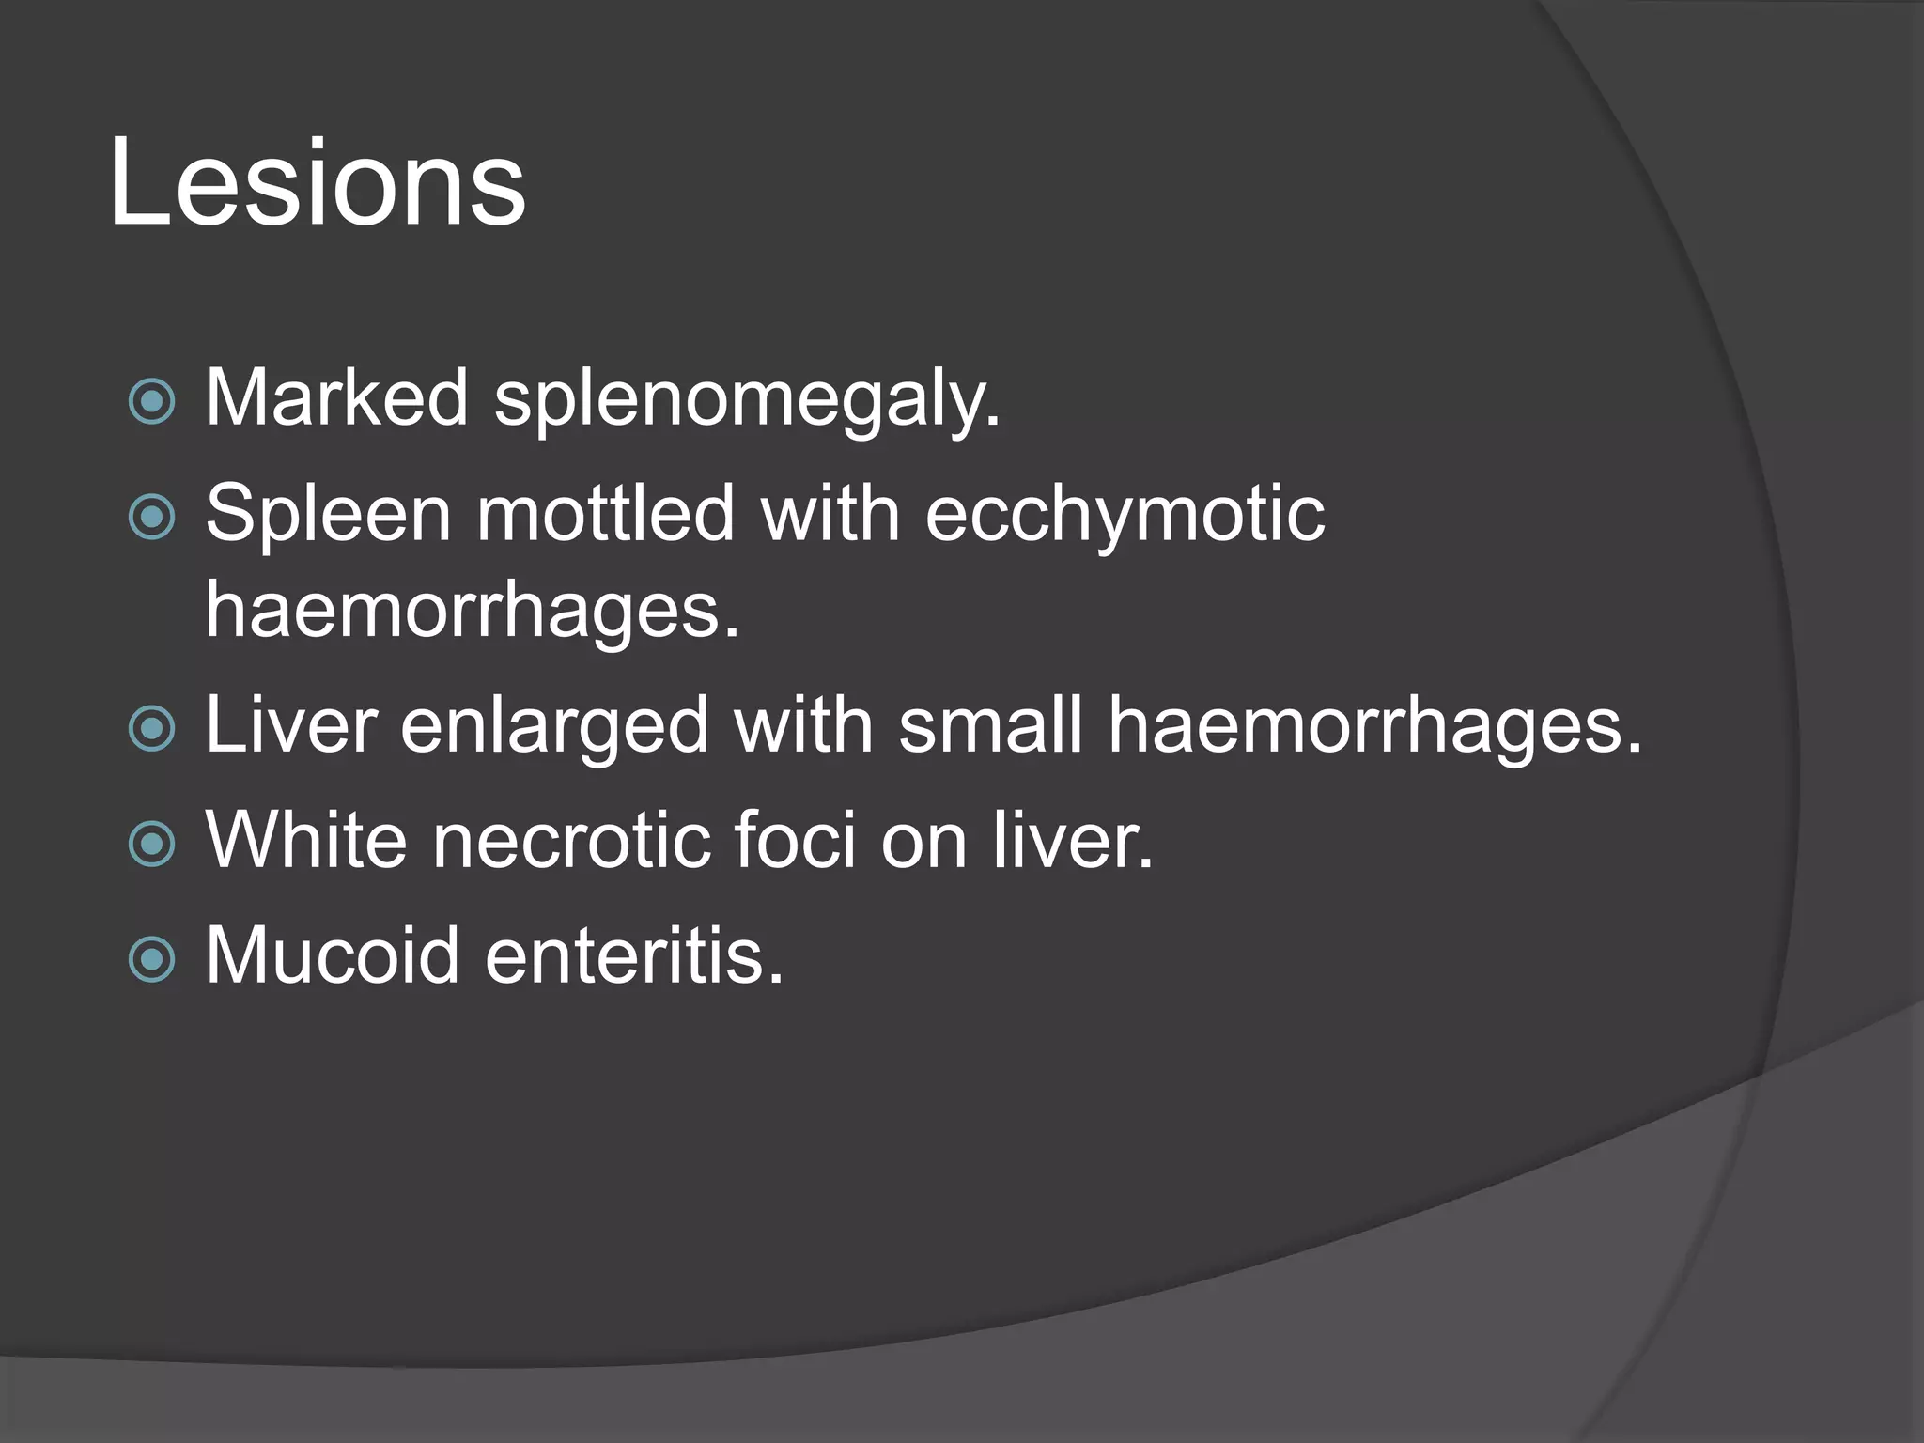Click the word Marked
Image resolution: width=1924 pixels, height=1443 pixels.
click(336, 397)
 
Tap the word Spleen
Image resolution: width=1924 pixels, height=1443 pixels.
click(328, 516)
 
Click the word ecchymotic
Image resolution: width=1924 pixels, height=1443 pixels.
click(1125, 516)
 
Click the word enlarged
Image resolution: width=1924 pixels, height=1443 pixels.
click(554, 727)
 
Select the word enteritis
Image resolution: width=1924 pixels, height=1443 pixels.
click(634, 955)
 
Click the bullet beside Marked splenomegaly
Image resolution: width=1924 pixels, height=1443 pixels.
click(152, 402)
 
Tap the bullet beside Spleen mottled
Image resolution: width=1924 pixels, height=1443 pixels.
click(152, 517)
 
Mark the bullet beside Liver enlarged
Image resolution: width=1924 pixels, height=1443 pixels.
click(152, 728)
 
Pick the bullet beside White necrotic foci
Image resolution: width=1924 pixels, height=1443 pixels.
click(152, 843)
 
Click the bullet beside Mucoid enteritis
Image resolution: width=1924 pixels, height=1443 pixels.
click(152, 959)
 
